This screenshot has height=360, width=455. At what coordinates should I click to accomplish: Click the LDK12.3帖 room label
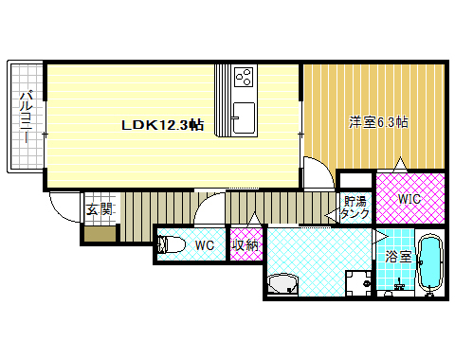click(x=161, y=125)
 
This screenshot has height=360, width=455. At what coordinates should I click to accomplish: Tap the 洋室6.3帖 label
click(x=378, y=121)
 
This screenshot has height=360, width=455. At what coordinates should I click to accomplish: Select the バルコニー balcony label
click(x=27, y=117)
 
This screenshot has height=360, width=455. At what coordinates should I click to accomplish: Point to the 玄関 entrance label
click(x=99, y=210)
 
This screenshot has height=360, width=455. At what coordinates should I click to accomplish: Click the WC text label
click(x=205, y=246)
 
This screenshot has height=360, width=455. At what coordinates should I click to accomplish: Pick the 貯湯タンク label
click(x=355, y=207)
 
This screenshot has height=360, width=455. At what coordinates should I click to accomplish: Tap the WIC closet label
click(x=409, y=199)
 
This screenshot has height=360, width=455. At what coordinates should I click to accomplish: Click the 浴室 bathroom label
click(x=397, y=257)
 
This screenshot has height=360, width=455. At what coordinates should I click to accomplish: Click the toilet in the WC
click(x=172, y=245)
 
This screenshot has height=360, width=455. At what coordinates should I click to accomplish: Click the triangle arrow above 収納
click(x=253, y=222)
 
